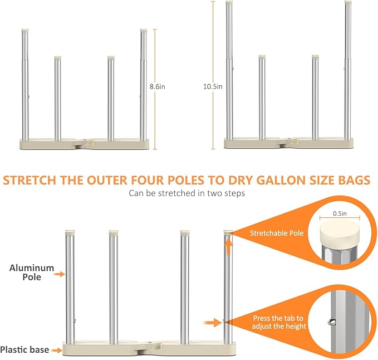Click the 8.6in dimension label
tap(157, 86)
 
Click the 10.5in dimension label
tap(213, 86)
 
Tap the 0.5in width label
tap(340, 213)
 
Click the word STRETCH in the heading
tap(30, 180)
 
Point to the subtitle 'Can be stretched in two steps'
tap(187, 193)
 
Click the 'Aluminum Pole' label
tap(32, 273)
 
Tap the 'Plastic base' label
tap(24, 349)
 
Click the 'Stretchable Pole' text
tap(277, 233)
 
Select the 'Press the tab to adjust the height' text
tap(279, 322)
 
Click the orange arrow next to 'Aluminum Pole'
tap(60, 274)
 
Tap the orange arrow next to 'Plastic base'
tap(57, 350)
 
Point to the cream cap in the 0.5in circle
tap(340, 234)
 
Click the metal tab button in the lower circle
tap(331, 322)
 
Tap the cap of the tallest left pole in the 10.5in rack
tap(229, 3)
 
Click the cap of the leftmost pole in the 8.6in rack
tap(25, 31)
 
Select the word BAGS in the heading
tap(354, 180)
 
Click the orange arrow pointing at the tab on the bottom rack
tap(213, 323)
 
